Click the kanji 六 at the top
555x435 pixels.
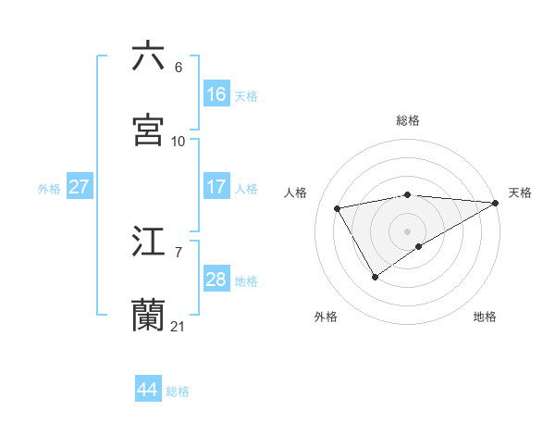pyautogui.click(x=149, y=56)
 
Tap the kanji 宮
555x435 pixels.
pyautogui.click(x=149, y=130)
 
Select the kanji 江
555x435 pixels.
pyautogui.click(x=149, y=242)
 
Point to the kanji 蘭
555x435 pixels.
pyautogui.click(x=149, y=315)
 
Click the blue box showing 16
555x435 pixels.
pyautogui.click(x=216, y=94)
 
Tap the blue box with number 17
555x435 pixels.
pyautogui.click(x=216, y=187)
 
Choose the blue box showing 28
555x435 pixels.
pyautogui.click(x=216, y=280)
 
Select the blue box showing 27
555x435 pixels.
pyautogui.click(x=80, y=187)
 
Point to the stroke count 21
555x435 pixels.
pyautogui.click(x=178, y=326)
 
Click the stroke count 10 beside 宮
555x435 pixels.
pyautogui.click(x=178, y=141)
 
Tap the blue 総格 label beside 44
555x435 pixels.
pyautogui.click(x=178, y=391)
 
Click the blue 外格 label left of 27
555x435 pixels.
pyautogui.click(x=49, y=189)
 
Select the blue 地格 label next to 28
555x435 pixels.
pyautogui.click(x=246, y=281)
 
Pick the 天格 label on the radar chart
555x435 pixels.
pyautogui.click(x=520, y=193)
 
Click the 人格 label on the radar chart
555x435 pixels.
pyautogui.click(x=296, y=193)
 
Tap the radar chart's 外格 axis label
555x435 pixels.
pyautogui.click(x=326, y=317)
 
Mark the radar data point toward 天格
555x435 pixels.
pyautogui.click(x=496, y=202)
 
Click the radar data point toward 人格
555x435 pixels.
pyautogui.click(x=338, y=208)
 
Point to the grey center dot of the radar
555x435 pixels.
pyautogui.click(x=407, y=230)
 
